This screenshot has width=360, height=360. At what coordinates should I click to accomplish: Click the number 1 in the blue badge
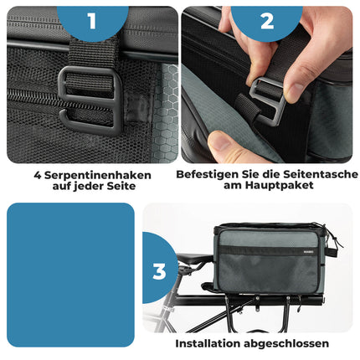point(92,18)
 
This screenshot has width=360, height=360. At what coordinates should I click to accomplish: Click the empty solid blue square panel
point(70,275)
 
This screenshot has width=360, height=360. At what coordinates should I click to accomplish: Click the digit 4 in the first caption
point(38,175)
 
